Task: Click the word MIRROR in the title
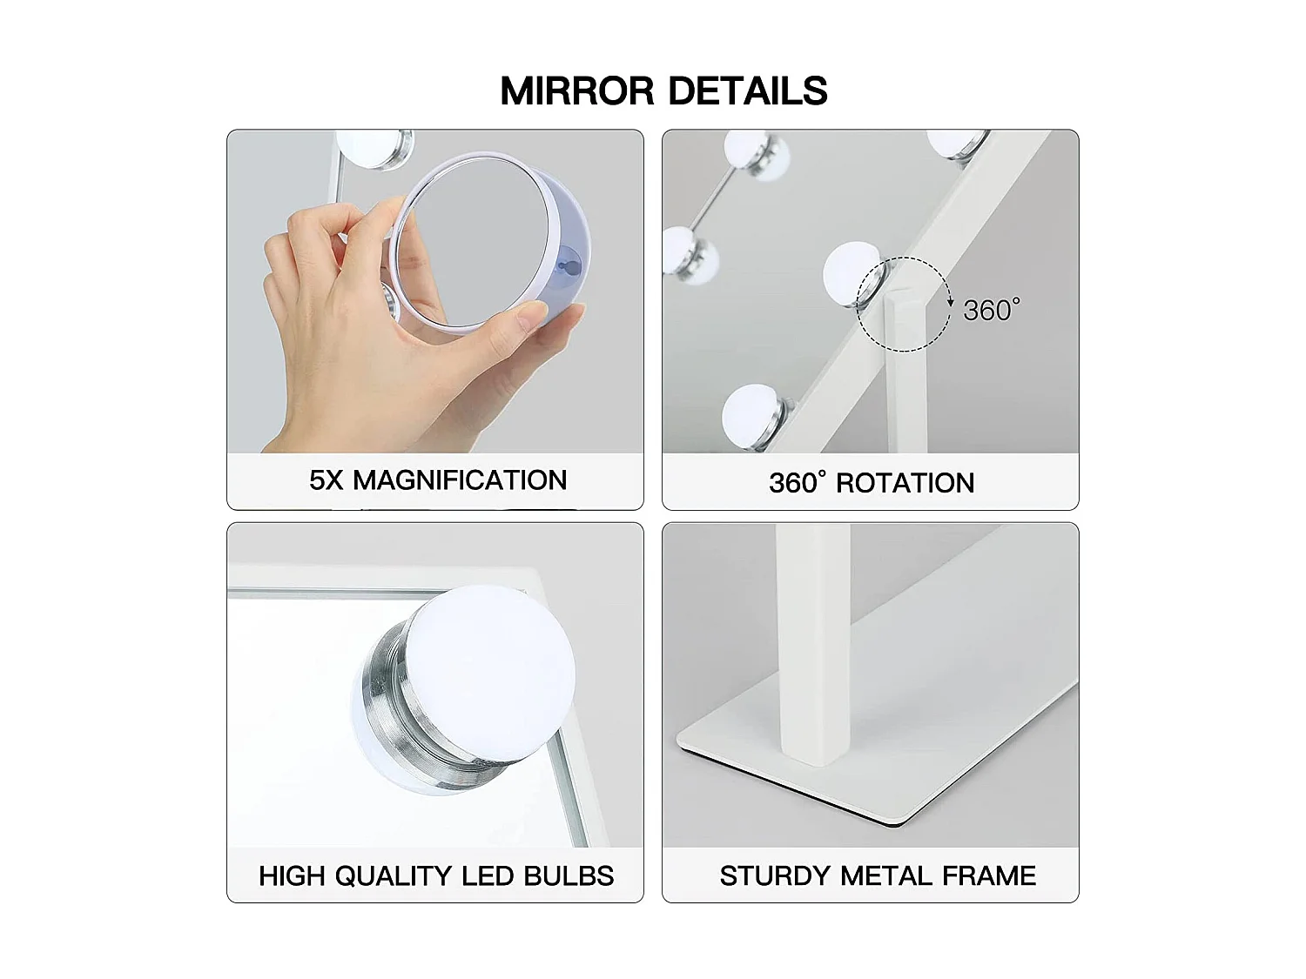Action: coord(576,91)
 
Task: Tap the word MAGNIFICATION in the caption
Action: coord(460,479)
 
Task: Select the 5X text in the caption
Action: coord(326,480)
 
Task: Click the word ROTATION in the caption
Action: coord(905,483)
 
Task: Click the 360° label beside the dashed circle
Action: coord(991,310)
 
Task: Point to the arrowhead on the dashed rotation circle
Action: coord(951,302)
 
